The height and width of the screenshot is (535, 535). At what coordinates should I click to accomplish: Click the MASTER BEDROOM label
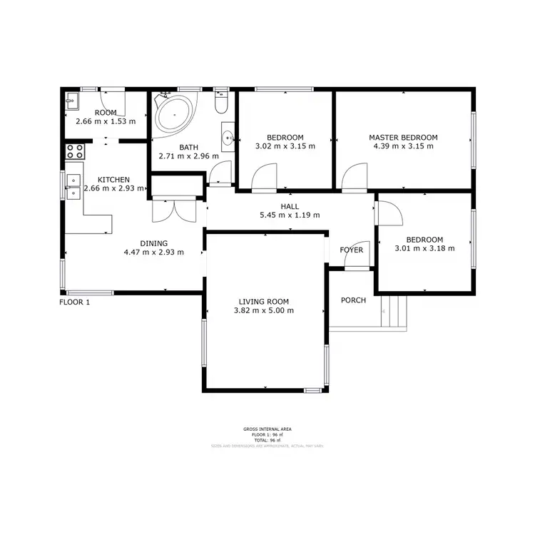point(403,137)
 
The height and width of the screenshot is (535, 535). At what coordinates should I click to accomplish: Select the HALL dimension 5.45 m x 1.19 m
point(290,215)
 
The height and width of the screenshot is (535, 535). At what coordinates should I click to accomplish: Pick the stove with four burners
point(75,151)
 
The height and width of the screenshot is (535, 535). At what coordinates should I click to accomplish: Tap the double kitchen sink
point(72,186)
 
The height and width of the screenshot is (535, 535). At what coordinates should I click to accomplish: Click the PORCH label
point(353,300)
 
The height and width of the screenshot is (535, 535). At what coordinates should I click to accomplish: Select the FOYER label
point(351,250)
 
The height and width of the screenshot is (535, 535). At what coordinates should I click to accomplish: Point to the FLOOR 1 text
point(74,302)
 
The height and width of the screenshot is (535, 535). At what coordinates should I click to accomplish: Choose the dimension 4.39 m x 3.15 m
point(403,146)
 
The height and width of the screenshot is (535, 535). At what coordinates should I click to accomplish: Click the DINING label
point(154,243)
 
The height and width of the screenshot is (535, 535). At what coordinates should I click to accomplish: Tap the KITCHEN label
point(113,180)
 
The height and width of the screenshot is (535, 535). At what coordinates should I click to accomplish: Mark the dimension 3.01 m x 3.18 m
point(424,249)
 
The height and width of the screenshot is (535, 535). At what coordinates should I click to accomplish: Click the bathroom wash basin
point(228,137)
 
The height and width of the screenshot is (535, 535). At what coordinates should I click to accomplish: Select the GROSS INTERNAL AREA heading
point(267,429)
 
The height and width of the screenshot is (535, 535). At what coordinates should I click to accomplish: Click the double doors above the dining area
point(174,210)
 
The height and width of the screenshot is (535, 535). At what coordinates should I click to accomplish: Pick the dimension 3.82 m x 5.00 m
point(264,311)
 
